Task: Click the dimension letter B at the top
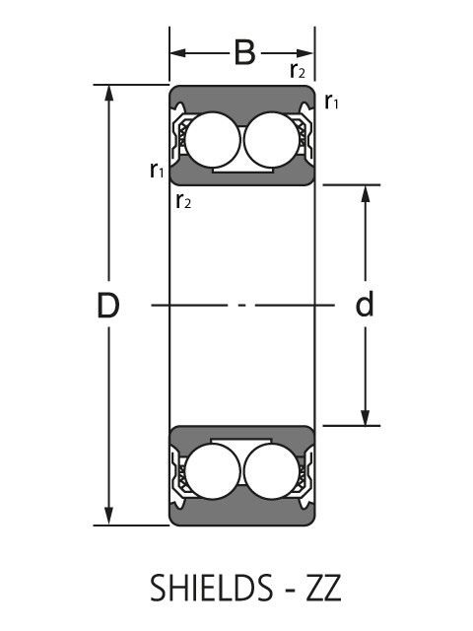[244, 52]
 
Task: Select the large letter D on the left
[108, 305]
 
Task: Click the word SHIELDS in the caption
[211, 588]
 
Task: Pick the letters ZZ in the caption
[324, 588]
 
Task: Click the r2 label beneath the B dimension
[298, 70]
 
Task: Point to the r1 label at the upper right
[331, 101]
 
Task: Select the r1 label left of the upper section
[157, 170]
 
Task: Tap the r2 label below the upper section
[183, 201]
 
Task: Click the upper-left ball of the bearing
[213, 140]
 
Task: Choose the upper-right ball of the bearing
[272, 140]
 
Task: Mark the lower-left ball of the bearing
[213, 471]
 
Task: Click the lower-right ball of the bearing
[272, 471]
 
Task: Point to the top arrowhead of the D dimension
[108, 93]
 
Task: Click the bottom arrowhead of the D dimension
[108, 517]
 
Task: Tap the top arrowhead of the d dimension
[366, 193]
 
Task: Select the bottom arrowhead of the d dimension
[366, 417]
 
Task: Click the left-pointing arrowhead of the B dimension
[177, 52]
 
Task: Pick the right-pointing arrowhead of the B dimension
[304, 52]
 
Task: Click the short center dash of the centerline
[242, 306]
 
